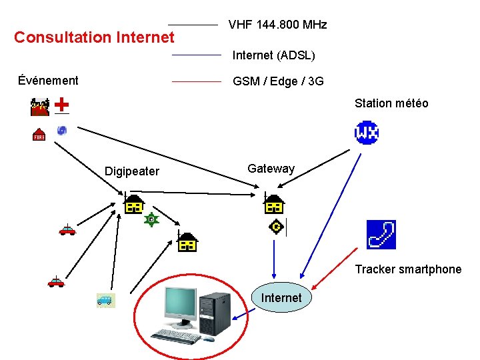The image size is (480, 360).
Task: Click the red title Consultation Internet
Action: (94, 37)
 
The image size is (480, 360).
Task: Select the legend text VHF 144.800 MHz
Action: (277, 25)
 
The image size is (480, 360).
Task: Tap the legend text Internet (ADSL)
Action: (273, 55)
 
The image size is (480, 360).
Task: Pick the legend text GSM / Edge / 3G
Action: (278, 81)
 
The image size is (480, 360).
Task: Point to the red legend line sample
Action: (196, 81)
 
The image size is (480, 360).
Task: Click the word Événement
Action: (48, 81)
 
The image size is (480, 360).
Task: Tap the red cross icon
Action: (61, 105)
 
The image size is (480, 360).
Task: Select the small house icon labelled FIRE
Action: (39, 134)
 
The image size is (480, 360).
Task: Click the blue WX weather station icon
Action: (367, 132)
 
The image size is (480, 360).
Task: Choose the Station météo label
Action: (391, 103)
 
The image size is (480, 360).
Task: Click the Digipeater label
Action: (132, 171)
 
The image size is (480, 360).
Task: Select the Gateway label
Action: (271, 169)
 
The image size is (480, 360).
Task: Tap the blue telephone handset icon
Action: (381, 234)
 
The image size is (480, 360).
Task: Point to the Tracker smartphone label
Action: (408, 269)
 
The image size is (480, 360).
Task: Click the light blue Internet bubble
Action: (281, 298)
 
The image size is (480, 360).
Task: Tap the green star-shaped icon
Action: (152, 219)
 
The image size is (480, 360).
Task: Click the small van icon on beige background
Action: (105, 301)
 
